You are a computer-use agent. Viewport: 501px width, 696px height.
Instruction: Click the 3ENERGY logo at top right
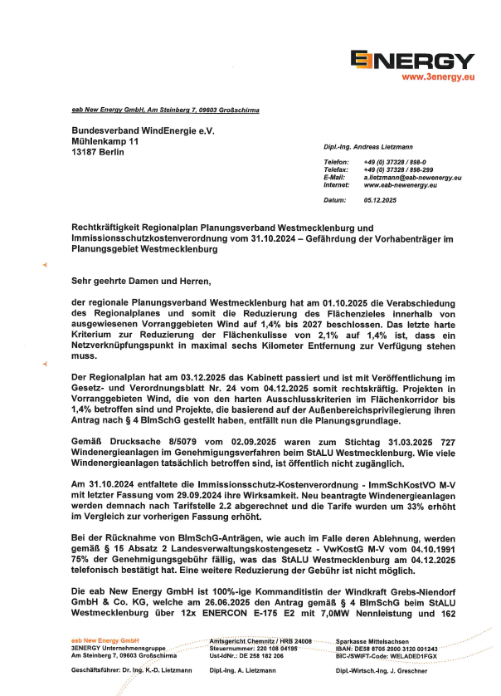pyautogui.click(x=412, y=60)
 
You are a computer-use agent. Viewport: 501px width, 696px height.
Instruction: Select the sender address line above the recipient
pyautogui.click(x=165, y=110)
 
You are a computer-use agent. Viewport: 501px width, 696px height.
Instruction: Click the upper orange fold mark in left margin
pyautogui.click(x=45, y=264)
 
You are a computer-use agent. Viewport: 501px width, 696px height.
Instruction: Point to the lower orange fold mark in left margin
pyautogui.click(x=45, y=365)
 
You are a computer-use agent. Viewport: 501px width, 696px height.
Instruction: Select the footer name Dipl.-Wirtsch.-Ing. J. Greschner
pyautogui.click(x=382, y=669)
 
